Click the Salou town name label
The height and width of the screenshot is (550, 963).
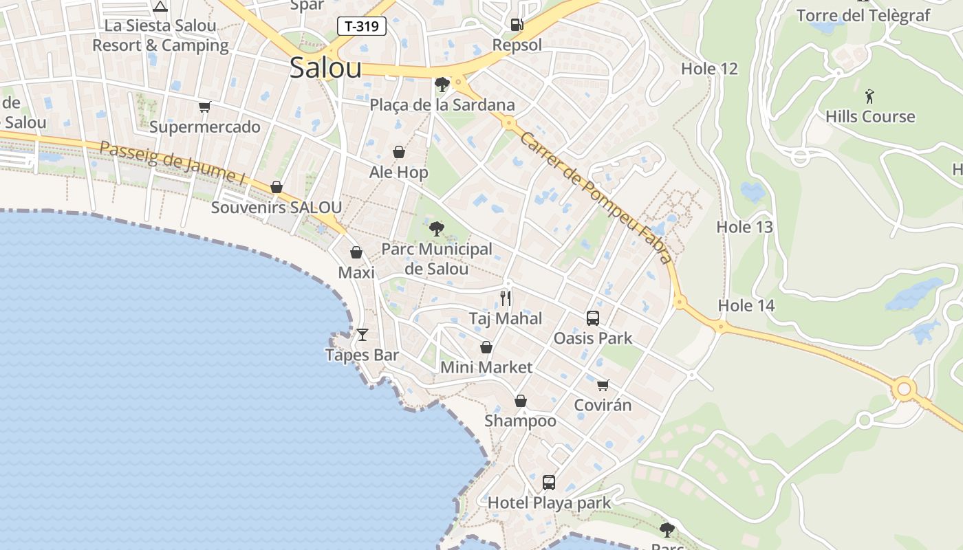tap(325, 67)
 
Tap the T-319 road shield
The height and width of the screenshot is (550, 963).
tap(362, 27)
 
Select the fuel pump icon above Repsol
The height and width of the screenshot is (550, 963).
tap(517, 25)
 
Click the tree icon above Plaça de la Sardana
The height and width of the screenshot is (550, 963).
tap(442, 85)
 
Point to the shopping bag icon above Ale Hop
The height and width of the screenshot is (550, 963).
tap(399, 152)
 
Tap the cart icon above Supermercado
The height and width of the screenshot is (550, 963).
tap(204, 107)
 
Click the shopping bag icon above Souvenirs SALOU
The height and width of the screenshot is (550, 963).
tap(277, 187)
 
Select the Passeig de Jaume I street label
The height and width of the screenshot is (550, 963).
tap(172, 162)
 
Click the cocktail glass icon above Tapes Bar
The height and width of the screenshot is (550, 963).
tap(363, 335)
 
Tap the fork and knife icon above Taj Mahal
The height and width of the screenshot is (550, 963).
tap(506, 298)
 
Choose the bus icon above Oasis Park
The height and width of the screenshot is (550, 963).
tap(593, 318)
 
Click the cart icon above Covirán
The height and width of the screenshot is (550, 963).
tap(603, 385)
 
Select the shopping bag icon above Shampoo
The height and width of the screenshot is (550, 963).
tap(521, 401)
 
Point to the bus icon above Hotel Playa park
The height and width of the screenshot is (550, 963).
tap(549, 482)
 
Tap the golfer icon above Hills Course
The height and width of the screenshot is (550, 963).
tap(869, 96)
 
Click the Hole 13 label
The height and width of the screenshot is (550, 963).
tap(745, 227)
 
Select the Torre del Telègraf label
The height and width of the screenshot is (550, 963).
tap(863, 15)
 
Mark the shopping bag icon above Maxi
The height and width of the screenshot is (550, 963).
tap(356, 252)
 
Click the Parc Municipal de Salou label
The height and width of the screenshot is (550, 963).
tap(437, 258)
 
